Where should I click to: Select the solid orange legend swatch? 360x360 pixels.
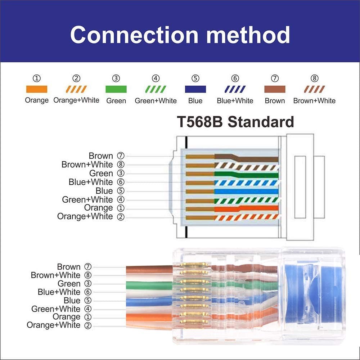point(36,89)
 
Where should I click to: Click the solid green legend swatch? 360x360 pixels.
point(116,89)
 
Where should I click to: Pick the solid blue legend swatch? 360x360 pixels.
point(195,89)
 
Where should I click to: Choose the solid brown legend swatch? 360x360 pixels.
point(275,89)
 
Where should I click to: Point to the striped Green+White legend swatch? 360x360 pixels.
point(156,89)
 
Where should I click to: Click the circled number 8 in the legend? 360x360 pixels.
point(314,78)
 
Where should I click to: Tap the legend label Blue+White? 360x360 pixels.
point(235,101)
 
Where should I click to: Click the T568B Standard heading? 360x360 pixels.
point(235,122)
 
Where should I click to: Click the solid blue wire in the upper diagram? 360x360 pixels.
point(248,191)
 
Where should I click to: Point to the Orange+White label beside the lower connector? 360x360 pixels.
point(54,325)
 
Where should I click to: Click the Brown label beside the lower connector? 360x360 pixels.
point(69,267)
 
